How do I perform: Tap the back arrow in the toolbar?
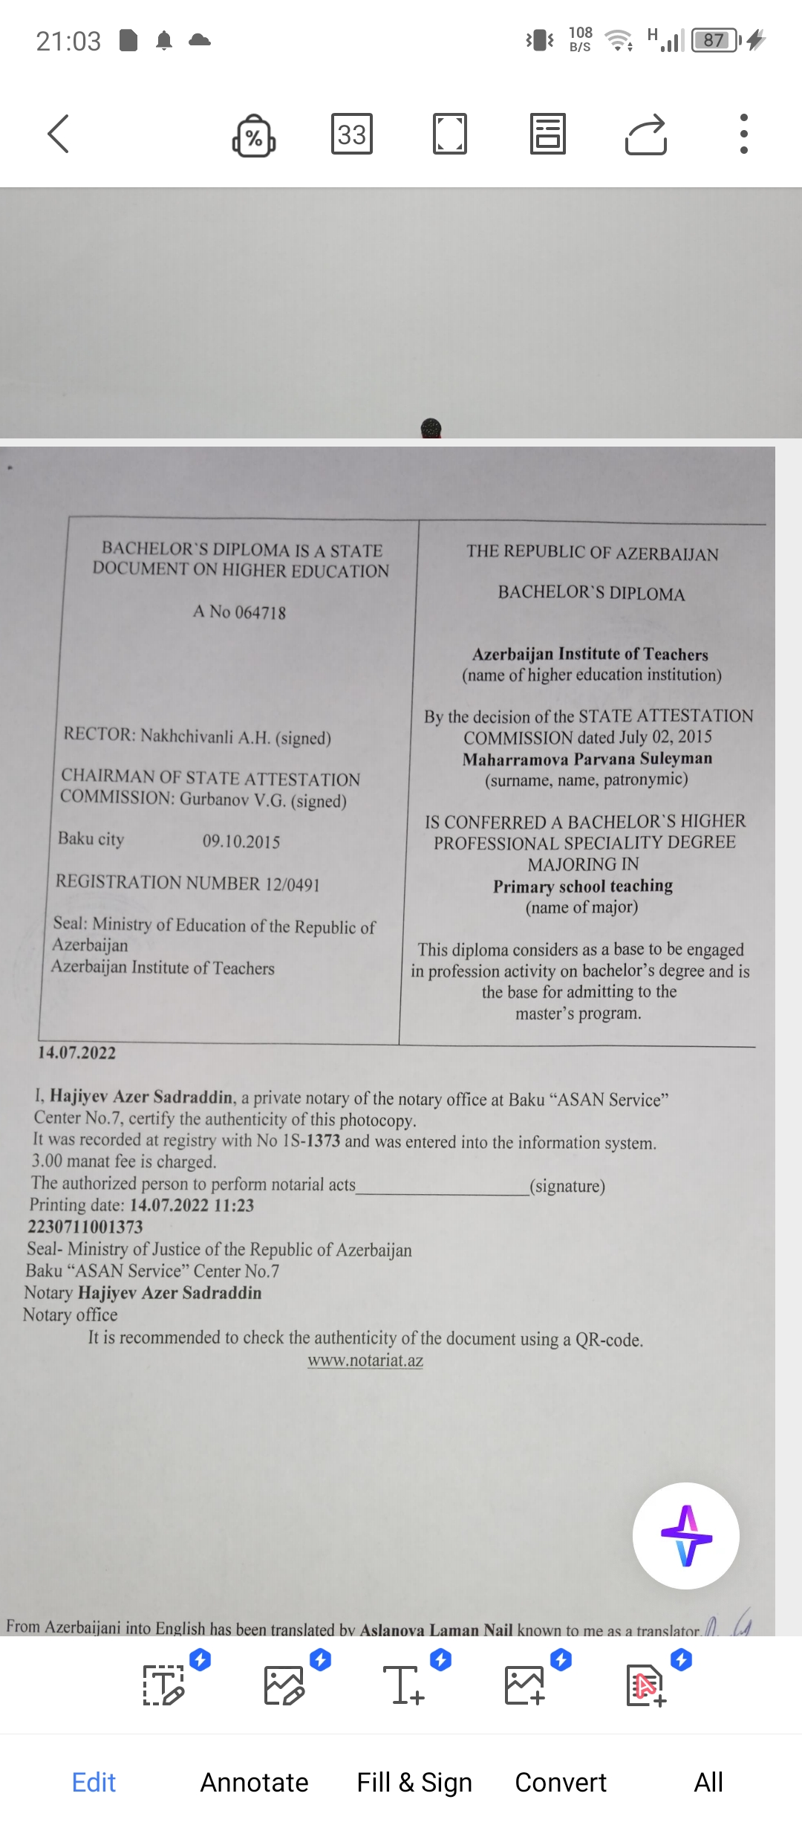point(58,134)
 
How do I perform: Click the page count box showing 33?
point(351,134)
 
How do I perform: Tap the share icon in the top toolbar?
point(646,134)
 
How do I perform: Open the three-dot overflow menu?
point(743,134)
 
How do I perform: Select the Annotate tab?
point(254,1782)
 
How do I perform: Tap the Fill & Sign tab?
point(414,1782)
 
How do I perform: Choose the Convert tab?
point(561,1782)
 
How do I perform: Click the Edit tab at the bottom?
point(94,1782)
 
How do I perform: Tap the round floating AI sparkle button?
point(685,1535)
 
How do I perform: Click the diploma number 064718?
point(260,612)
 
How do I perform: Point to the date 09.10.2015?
point(241,841)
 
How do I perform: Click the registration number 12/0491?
point(292,884)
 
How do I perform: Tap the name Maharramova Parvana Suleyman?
point(587,759)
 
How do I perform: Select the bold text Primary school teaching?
point(583,886)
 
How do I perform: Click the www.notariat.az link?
point(365,1361)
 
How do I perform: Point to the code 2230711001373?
point(85,1227)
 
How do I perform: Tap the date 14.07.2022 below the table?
point(77,1053)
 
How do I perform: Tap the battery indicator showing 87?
point(714,40)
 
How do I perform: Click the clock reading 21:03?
point(68,41)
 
